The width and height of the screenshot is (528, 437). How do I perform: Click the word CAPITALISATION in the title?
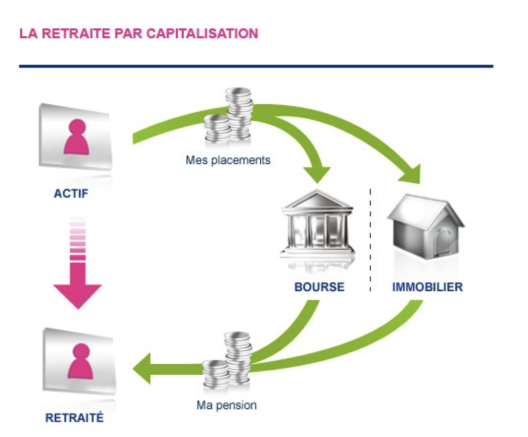coord(202,33)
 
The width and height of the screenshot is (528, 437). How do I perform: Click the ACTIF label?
coord(71,194)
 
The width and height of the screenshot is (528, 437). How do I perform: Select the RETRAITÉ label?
coord(74,418)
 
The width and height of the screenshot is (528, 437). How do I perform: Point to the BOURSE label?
coord(319,287)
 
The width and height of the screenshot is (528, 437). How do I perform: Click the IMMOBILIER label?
coord(427,287)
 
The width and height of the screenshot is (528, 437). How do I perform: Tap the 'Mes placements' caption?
coord(228,160)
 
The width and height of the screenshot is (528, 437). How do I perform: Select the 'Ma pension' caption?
coord(227,405)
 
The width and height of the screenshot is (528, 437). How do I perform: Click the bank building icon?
coord(317,224)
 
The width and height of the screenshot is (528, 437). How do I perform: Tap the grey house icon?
coord(425,226)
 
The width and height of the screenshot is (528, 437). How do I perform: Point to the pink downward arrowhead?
coord(78,296)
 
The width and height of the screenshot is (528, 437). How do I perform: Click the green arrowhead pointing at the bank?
coord(317,174)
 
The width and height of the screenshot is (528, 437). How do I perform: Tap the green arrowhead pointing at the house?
coord(412,174)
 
